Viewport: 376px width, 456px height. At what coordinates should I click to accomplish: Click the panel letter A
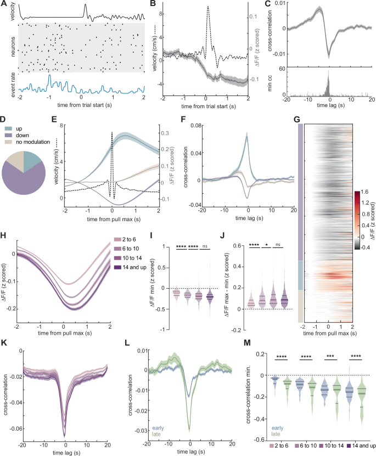pos(4,4)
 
